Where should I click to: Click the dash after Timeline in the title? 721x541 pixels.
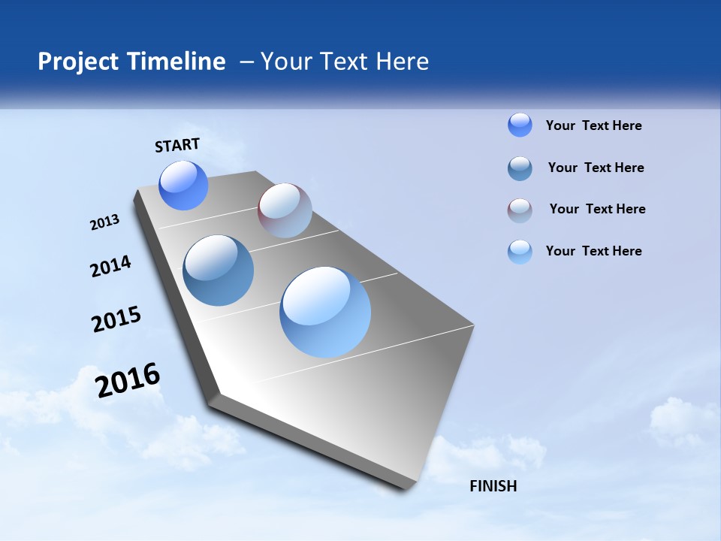click(x=246, y=62)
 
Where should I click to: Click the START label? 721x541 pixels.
click(x=177, y=145)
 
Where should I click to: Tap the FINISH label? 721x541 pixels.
click(x=493, y=486)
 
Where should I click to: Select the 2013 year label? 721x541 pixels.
click(x=104, y=222)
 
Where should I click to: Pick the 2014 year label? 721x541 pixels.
click(x=110, y=267)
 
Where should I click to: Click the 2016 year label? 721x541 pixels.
click(x=128, y=380)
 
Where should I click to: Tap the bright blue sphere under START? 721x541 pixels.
click(x=183, y=186)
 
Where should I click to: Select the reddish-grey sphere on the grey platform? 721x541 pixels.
click(x=285, y=210)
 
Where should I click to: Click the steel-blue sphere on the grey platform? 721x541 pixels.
click(x=218, y=270)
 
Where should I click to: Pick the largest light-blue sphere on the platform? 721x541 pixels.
click(x=325, y=311)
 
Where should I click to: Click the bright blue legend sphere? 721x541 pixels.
click(x=520, y=125)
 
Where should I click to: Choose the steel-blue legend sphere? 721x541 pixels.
click(x=520, y=168)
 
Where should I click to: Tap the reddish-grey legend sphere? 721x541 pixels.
click(x=520, y=210)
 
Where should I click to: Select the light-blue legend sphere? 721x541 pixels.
click(x=520, y=252)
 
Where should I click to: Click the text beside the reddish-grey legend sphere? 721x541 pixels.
click(x=597, y=209)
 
